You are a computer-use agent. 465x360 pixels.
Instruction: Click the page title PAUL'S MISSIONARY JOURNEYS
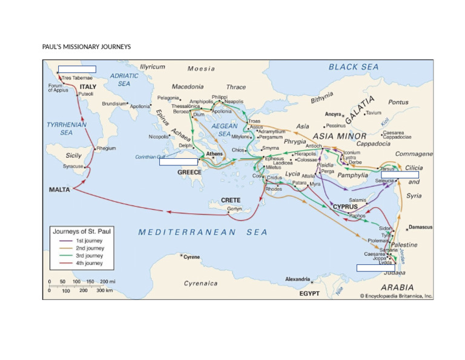coord(86,47)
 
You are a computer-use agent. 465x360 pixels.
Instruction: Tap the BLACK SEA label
coord(354,67)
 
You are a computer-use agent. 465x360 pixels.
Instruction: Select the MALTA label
coord(59,190)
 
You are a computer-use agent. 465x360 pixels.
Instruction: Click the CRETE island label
coord(231,200)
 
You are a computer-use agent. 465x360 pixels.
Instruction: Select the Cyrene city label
coord(191,257)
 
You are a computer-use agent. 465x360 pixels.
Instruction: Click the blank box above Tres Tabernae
coord(77,69)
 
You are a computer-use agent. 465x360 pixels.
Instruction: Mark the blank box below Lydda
coord(375,268)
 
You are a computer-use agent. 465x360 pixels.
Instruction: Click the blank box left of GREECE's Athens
coord(179,162)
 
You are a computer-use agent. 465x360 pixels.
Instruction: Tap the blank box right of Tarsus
coord(417,175)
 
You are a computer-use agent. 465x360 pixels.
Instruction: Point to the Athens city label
coord(214,154)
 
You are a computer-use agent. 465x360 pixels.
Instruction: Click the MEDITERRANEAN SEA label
coord(203,232)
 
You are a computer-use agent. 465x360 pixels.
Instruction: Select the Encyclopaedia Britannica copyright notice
coord(396,296)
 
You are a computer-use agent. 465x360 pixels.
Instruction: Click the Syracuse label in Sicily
coord(73,166)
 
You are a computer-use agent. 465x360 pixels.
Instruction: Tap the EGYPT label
coord(309,293)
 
